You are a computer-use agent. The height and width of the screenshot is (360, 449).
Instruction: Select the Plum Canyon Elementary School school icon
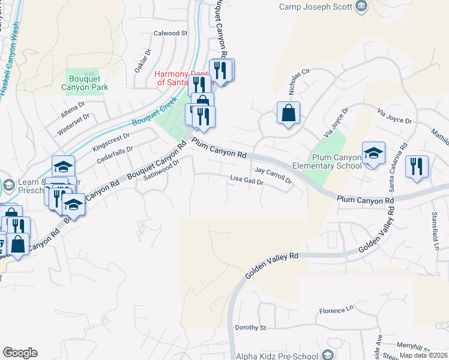coord(373,154)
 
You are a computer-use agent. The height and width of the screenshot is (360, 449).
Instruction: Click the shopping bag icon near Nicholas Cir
coord(289,112)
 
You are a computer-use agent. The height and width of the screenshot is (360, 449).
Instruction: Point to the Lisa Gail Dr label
coord(247,179)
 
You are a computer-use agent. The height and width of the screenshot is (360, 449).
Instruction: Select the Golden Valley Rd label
coord(271,265)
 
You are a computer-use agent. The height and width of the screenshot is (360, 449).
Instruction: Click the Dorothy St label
coord(250,328)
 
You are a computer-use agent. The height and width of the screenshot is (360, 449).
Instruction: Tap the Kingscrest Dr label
coord(111,142)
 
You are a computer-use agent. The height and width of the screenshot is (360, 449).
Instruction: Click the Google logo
coord(20,352)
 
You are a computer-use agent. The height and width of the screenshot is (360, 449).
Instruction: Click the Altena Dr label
coord(74,110)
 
